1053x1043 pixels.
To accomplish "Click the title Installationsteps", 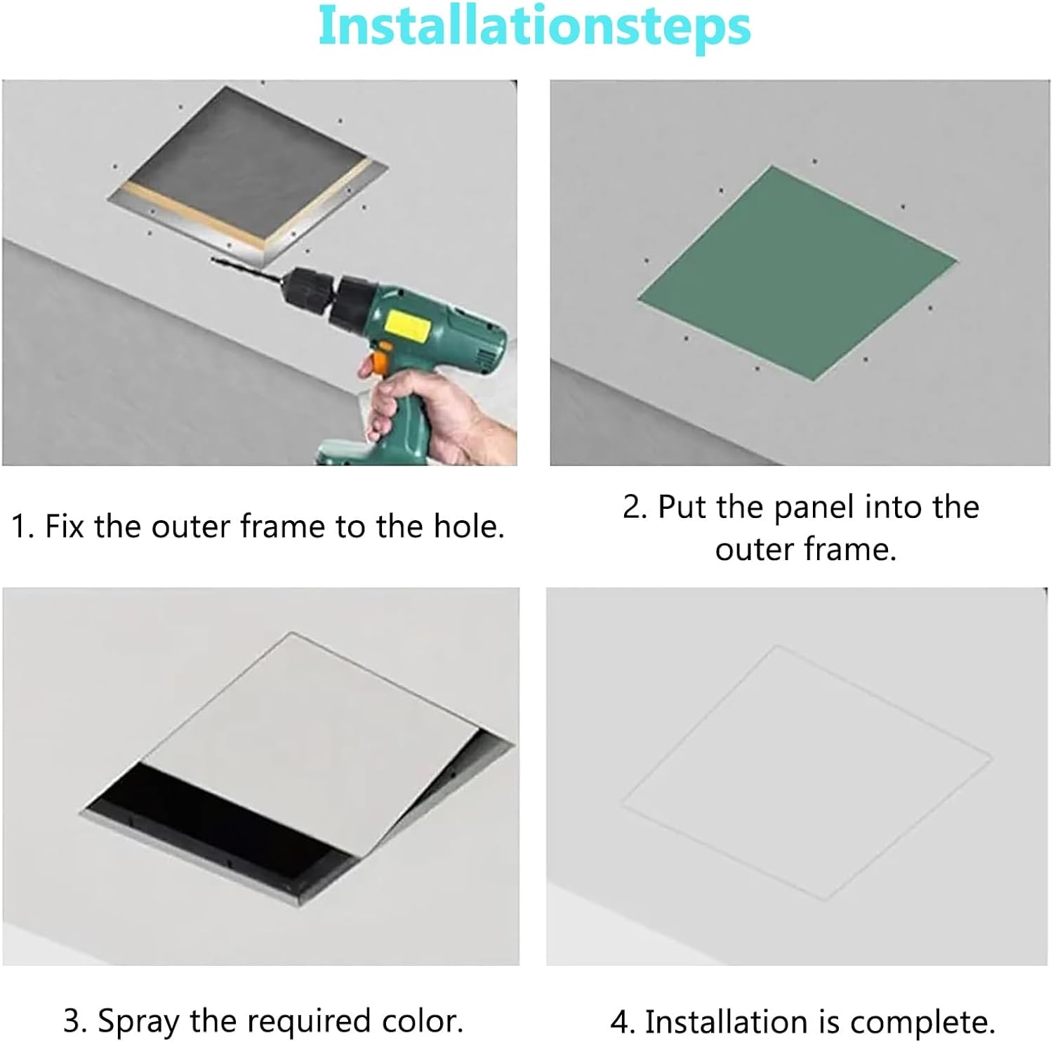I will point(534,27).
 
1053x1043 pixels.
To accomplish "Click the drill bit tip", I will point(215,260).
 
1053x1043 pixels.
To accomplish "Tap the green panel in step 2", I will point(797,274).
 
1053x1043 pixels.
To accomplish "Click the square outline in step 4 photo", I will point(806,772).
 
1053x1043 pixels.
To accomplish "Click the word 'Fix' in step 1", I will point(65,526).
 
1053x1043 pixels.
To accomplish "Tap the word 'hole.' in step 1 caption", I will point(469,526).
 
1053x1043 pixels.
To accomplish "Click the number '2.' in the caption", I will point(635,507).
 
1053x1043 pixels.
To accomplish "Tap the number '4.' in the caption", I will point(622,1022).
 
